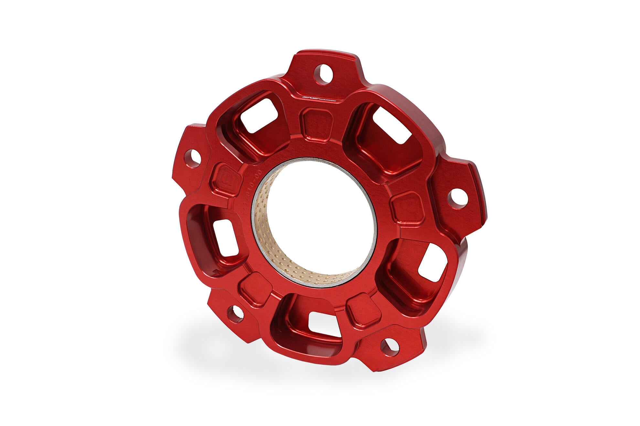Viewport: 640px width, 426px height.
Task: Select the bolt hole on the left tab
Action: tap(193, 158)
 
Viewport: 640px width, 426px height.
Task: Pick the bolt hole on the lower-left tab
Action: tap(236, 313)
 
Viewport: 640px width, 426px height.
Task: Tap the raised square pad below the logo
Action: tap(316, 125)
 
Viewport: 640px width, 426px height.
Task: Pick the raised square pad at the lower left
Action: tap(255, 288)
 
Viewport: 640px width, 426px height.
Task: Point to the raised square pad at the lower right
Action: tap(363, 310)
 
